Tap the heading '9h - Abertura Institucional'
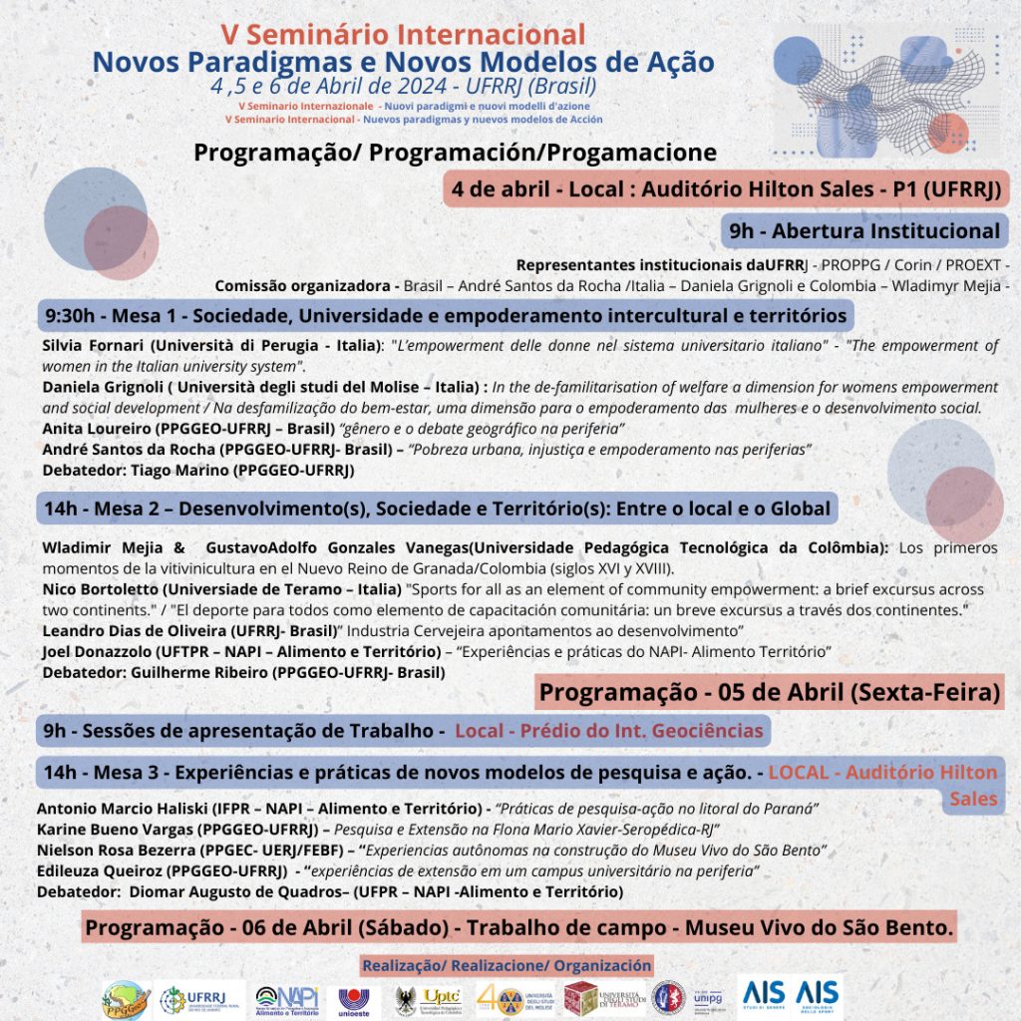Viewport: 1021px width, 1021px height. pyautogui.click(x=863, y=231)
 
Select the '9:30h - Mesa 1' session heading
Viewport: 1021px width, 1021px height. pyautogui.click(x=445, y=316)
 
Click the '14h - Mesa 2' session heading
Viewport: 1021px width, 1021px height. pyautogui.click(x=437, y=509)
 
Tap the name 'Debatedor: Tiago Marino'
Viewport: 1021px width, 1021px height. pyautogui.click(x=198, y=470)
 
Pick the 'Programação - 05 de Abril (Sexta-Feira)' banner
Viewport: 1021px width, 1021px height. pyautogui.click(x=770, y=691)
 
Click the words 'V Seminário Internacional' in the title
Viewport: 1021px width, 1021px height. pyautogui.click(x=403, y=34)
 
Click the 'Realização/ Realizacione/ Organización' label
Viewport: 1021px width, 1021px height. pyautogui.click(x=507, y=965)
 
